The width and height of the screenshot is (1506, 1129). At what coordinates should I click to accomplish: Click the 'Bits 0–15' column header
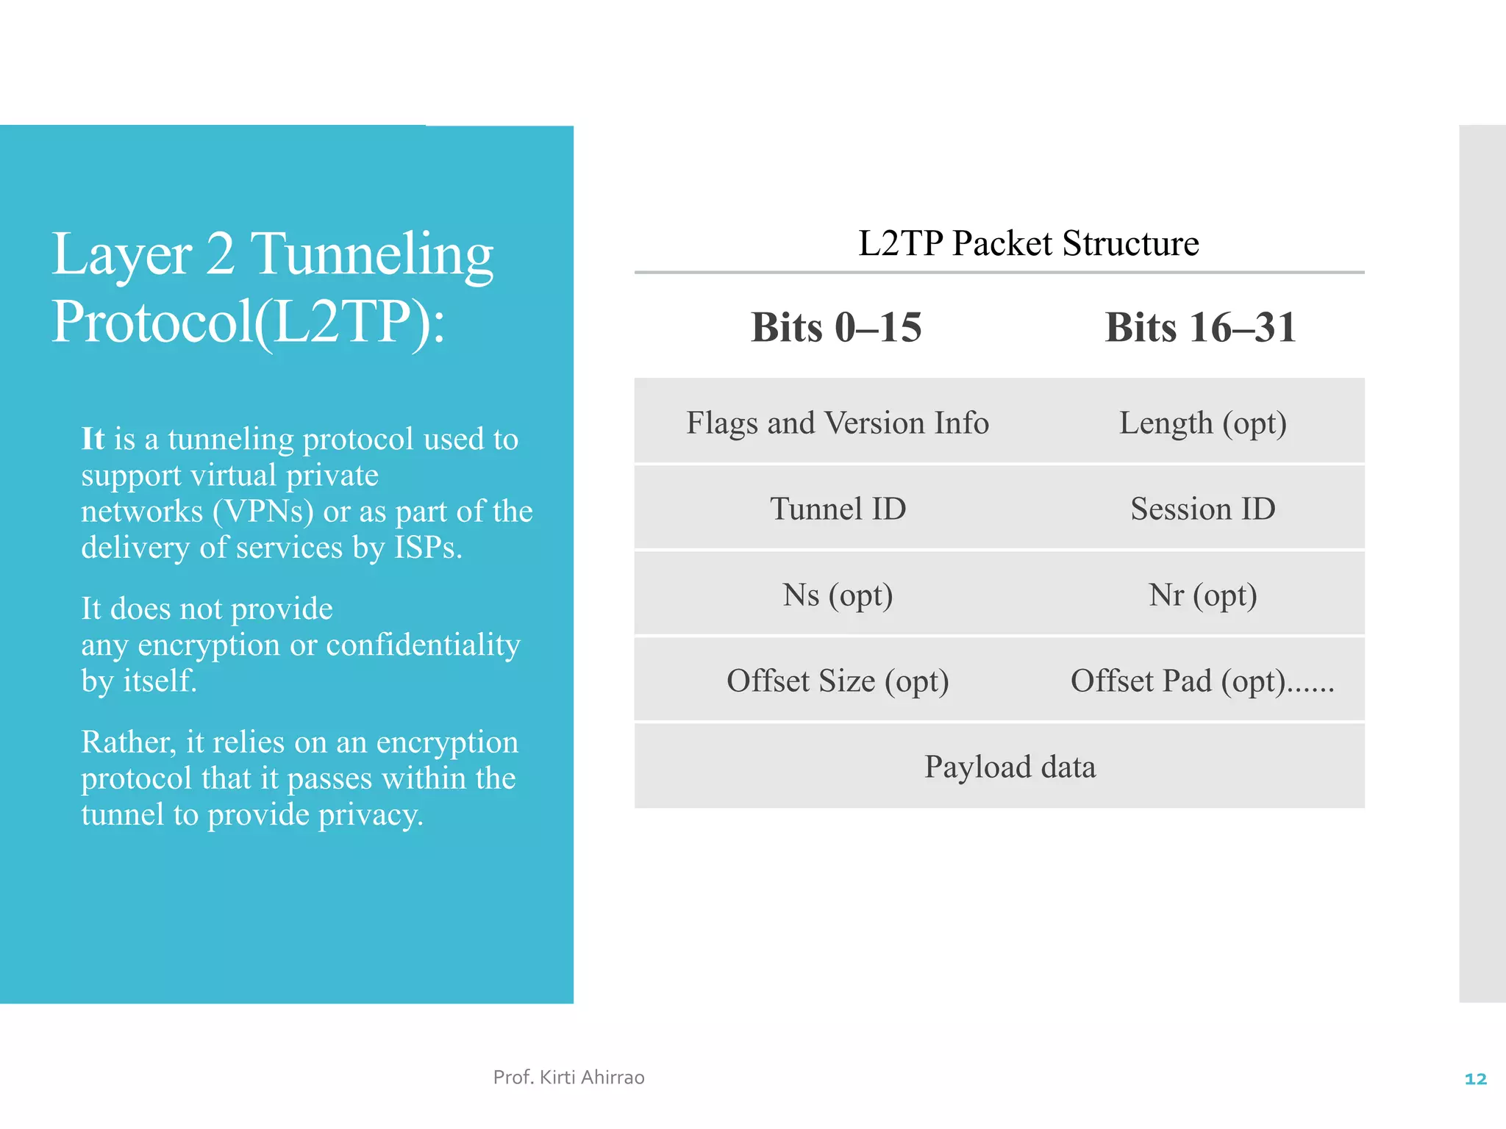click(x=836, y=327)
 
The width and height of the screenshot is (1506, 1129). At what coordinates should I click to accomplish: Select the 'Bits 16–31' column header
click(x=1200, y=327)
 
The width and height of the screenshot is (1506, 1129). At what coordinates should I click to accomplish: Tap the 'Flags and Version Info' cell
click(x=838, y=423)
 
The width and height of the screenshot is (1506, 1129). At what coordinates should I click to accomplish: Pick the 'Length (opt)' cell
click(x=1202, y=423)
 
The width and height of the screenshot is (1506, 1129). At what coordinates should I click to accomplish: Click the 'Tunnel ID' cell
click(x=838, y=509)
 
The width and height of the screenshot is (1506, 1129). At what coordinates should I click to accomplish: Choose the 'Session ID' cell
click(x=1202, y=509)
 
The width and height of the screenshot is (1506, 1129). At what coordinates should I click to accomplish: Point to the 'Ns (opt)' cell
click(x=838, y=595)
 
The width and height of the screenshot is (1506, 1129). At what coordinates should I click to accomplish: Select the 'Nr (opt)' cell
click(x=1202, y=595)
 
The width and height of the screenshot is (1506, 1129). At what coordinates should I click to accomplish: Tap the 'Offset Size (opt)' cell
click(x=838, y=681)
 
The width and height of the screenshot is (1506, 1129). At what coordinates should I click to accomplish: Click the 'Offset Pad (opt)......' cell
click(x=1202, y=681)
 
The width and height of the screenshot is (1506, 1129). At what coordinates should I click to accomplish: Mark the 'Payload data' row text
click(x=1010, y=767)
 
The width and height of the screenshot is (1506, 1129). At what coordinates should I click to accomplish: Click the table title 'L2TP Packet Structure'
click(x=1028, y=243)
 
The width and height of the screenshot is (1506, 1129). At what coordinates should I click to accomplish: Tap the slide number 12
click(x=1475, y=1079)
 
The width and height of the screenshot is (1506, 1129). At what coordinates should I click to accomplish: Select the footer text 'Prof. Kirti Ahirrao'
click(x=568, y=1078)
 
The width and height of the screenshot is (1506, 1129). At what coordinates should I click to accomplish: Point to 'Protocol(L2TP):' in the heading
click(x=248, y=322)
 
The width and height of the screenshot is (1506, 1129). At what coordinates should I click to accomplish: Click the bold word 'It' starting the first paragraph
click(x=93, y=439)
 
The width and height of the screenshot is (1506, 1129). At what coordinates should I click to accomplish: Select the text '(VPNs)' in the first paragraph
click(x=263, y=511)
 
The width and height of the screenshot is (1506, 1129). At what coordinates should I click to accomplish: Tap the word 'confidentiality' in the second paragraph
click(x=423, y=645)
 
